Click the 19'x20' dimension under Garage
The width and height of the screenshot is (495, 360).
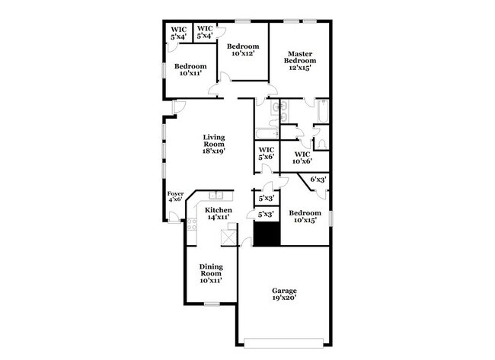tap(285, 299)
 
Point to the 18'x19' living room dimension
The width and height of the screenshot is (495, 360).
tap(213, 151)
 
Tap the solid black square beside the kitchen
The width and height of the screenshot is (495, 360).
tap(267, 234)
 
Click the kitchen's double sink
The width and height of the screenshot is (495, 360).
tap(218, 194)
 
